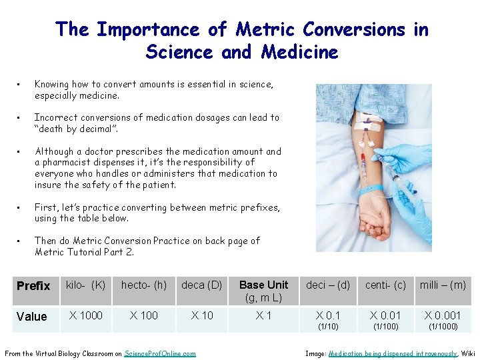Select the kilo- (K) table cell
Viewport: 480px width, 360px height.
coord(85,285)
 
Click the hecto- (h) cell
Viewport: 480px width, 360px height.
coord(144,285)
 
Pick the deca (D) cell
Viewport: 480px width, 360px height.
coord(202,285)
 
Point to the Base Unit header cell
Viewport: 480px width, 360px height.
coord(264,291)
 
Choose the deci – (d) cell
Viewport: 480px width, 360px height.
coord(328,285)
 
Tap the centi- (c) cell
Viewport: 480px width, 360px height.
coord(385,285)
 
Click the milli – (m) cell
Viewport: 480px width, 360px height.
coord(443,285)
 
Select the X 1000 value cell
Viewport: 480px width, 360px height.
coord(85,315)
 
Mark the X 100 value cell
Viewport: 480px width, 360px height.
coord(144,315)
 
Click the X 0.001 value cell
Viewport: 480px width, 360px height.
coord(443,319)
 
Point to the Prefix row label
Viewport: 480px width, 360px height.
coord(33,286)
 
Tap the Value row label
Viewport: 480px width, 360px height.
coord(32,317)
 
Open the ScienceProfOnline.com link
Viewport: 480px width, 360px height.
coord(160,353)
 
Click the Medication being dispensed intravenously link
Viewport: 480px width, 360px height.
coord(393,353)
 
